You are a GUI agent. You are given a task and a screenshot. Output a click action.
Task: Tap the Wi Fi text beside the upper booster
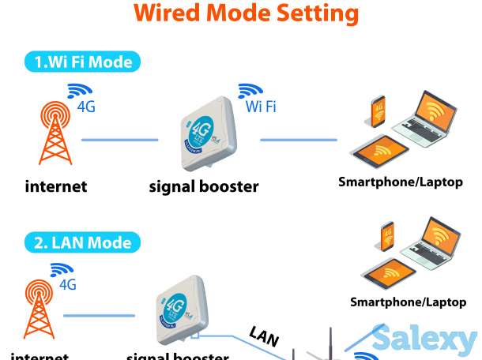261,107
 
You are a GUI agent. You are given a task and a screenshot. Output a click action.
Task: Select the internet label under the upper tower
55,187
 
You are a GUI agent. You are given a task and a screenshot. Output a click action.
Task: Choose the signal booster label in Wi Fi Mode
204,187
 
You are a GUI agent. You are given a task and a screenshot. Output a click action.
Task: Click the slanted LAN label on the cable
264,336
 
